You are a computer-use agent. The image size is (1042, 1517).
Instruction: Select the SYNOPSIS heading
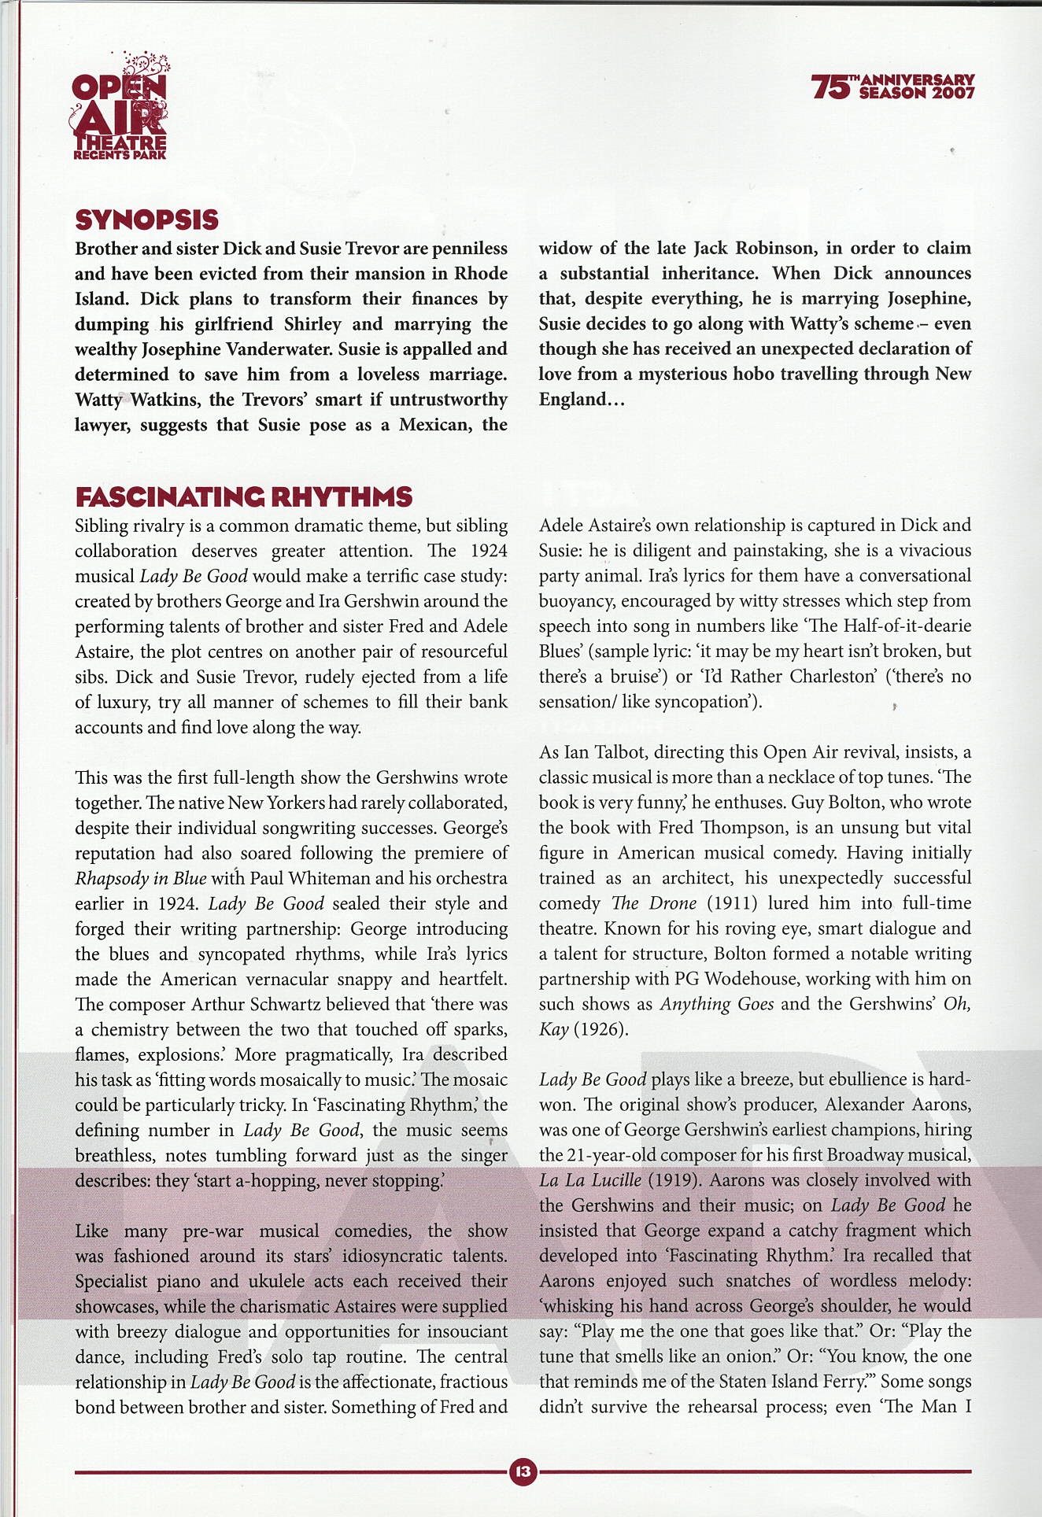click(146, 220)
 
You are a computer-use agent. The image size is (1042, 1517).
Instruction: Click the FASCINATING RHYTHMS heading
click(243, 497)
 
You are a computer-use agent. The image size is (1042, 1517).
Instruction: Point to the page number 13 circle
click(523, 1471)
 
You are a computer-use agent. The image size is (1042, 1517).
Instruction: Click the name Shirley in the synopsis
click(312, 324)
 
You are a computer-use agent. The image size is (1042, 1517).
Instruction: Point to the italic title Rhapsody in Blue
click(140, 878)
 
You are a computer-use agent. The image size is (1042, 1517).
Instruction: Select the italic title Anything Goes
click(716, 1004)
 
